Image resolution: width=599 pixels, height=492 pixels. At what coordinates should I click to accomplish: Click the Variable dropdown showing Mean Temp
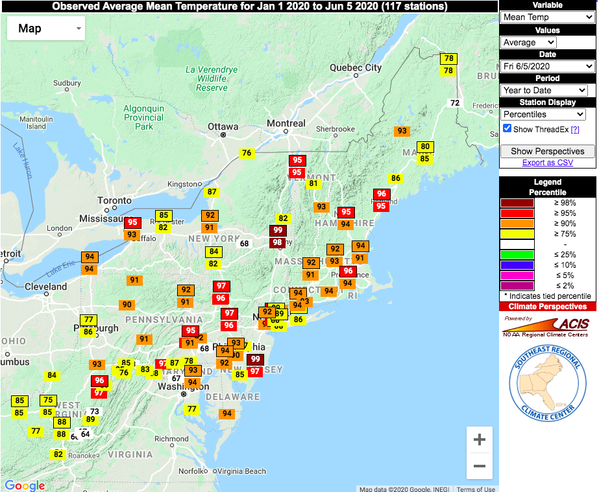(x=548, y=17)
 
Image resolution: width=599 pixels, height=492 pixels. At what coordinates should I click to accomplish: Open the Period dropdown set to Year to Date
(x=544, y=90)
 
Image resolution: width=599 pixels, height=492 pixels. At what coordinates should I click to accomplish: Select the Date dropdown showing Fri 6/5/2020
(x=548, y=66)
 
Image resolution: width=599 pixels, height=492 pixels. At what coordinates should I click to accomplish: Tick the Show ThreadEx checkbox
(x=507, y=128)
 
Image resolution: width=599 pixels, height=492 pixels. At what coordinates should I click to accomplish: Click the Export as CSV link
(x=548, y=163)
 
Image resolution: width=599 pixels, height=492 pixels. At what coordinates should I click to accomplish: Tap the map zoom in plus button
(x=480, y=440)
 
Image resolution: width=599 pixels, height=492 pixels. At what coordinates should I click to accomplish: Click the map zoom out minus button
(x=480, y=466)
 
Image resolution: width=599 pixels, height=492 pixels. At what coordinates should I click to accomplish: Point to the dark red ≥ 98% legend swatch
(x=517, y=203)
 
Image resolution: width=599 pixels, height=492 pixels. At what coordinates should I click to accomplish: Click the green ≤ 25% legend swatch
(x=517, y=255)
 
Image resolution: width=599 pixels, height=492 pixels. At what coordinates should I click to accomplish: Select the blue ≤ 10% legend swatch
(x=517, y=265)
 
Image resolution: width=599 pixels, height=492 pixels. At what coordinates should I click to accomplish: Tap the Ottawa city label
(x=223, y=126)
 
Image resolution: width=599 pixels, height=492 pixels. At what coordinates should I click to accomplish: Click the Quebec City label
(x=356, y=67)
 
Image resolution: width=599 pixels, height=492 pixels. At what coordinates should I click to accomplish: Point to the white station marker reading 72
(x=455, y=103)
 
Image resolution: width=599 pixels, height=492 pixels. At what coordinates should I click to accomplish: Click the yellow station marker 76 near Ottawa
(x=246, y=154)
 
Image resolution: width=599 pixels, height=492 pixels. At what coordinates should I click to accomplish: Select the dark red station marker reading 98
(x=278, y=242)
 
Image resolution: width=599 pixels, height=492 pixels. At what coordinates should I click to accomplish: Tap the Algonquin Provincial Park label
(x=144, y=117)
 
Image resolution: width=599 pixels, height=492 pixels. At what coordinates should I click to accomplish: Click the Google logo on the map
(x=25, y=486)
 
